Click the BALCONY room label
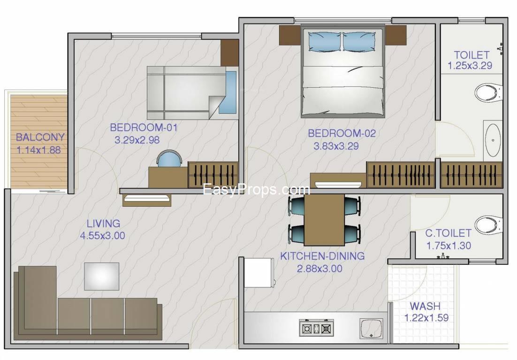40,137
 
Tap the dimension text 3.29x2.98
137,140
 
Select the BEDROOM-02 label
342,134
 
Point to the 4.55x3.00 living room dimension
103,236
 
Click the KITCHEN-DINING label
322,256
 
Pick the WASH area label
425,306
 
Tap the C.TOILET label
448,233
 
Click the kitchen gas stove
317,328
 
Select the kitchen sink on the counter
371,328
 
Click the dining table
324,220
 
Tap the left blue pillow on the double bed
325,41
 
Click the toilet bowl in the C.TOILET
489,225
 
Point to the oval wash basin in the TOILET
493,140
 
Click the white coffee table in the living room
101,277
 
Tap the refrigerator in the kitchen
259,273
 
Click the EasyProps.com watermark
256,190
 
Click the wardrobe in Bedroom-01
213,174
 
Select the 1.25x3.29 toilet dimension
470,65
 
